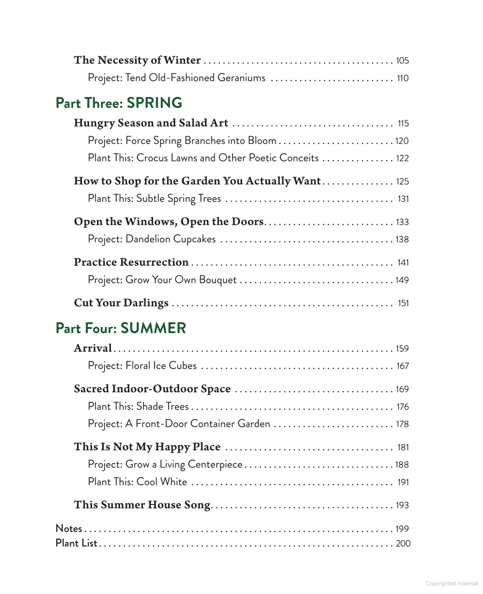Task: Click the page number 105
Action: pos(402,61)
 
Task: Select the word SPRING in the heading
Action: pos(154,103)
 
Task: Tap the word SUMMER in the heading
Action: pos(153,328)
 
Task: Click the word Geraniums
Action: pos(241,78)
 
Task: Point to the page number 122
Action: pos(402,158)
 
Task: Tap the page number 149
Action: pos(402,280)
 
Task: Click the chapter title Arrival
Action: pos(93,348)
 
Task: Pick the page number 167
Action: pos(402,366)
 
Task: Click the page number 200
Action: pos(403,543)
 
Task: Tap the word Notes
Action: pos(69,528)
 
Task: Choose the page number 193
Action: pos(402,505)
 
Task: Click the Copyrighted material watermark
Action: pos(451,583)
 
